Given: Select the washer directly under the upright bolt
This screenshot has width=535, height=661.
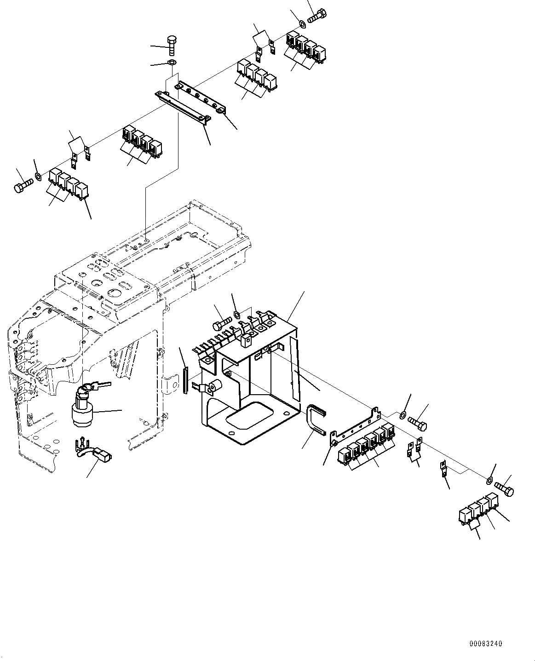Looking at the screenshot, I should pyautogui.click(x=172, y=62).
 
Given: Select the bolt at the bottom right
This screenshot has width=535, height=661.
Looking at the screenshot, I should pyautogui.click(x=504, y=489).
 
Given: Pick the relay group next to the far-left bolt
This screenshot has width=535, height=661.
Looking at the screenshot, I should pyautogui.click(x=69, y=184).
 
